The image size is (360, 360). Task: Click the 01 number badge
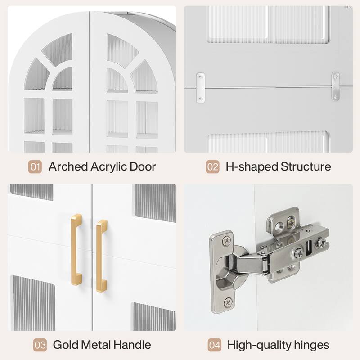pos(35,166)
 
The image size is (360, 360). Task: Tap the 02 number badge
pos(212,166)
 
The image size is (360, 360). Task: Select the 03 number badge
pos(40,345)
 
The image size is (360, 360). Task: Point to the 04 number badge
pos(215,345)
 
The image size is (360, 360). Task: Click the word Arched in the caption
pos(68,166)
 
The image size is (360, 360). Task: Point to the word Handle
pos(132,345)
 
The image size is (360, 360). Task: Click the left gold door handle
pos(76,250)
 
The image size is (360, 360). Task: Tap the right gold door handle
pos(102,256)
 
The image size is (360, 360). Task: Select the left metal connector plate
pos(200,88)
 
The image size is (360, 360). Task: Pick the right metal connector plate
pos(335,86)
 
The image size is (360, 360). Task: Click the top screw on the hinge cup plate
pos(227,240)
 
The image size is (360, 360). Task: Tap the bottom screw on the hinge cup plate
pos(228,301)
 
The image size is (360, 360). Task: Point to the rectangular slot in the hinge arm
pos(309,248)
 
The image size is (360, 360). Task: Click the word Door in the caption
pos(143,166)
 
